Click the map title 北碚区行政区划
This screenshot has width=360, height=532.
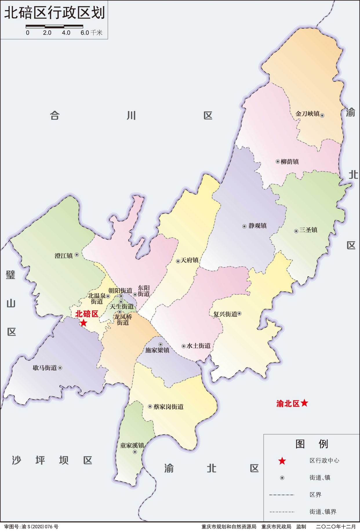tap(54, 13)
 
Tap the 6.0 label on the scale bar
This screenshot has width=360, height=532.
tap(85, 33)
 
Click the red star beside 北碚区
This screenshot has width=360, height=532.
tap(83, 323)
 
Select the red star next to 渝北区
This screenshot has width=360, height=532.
tap(304, 403)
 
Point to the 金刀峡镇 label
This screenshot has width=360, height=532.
tap(307, 114)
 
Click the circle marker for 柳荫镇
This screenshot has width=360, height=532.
tap(278, 161)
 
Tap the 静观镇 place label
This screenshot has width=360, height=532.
tap(257, 226)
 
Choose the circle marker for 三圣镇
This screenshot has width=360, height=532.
tap(296, 231)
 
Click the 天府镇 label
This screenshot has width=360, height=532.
tap(190, 260)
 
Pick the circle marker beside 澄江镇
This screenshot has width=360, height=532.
tap(77, 255)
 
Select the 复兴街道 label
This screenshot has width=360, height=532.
tap(225, 314)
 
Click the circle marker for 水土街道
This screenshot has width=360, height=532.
tap(183, 346)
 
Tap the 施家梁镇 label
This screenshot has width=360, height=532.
tap(157, 350)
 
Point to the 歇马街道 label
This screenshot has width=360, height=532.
tap(45, 368)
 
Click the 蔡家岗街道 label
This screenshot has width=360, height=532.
tap(168, 407)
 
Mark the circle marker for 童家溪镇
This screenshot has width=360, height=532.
tap(135, 452)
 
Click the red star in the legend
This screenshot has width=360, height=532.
tap(282, 461)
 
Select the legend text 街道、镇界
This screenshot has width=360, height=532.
tap(323, 512)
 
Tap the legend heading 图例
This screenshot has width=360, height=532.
tap(312, 444)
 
